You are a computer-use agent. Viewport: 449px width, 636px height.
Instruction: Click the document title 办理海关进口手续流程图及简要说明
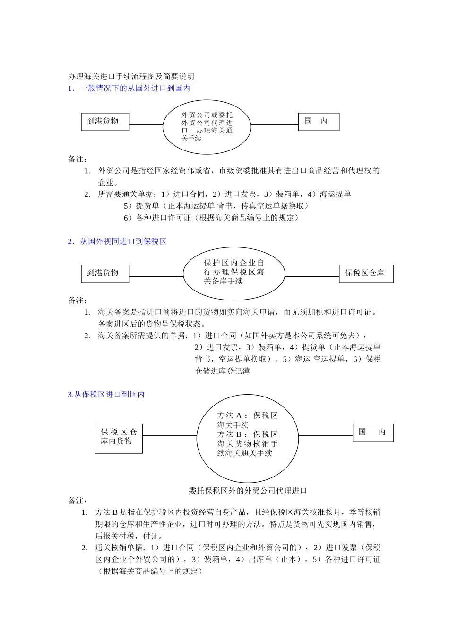tap(131, 76)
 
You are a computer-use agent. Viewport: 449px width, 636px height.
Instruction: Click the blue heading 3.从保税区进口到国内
tap(106, 395)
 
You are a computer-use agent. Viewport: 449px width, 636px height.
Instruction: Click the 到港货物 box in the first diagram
tap(105, 122)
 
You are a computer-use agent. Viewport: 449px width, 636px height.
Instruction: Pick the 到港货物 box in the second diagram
tap(105, 274)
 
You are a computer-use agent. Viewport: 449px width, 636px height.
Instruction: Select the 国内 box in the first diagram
tap(319, 122)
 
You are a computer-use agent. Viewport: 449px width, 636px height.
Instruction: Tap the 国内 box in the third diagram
tap(373, 432)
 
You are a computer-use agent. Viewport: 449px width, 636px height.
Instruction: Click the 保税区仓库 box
tap(366, 274)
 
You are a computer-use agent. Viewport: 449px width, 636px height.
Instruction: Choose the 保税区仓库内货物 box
tap(119, 438)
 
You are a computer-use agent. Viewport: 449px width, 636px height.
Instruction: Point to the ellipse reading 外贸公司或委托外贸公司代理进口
tap(207, 126)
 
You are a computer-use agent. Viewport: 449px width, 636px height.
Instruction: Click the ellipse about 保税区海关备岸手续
tap(234, 273)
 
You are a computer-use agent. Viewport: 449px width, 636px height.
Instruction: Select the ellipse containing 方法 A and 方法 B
tap(247, 438)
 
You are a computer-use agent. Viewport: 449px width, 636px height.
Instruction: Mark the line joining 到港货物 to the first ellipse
tap(146, 125)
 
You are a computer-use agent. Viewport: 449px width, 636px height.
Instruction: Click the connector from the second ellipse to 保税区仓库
tap(312, 277)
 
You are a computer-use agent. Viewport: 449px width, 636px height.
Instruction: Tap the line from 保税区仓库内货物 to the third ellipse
tap(169, 436)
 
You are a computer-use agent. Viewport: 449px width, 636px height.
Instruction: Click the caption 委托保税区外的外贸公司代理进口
tap(248, 491)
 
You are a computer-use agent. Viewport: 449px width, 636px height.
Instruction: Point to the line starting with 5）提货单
tap(216, 206)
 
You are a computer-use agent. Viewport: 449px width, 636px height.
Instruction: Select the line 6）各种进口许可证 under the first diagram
tap(211, 218)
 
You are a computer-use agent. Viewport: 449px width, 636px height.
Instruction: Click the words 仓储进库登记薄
tap(223, 371)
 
